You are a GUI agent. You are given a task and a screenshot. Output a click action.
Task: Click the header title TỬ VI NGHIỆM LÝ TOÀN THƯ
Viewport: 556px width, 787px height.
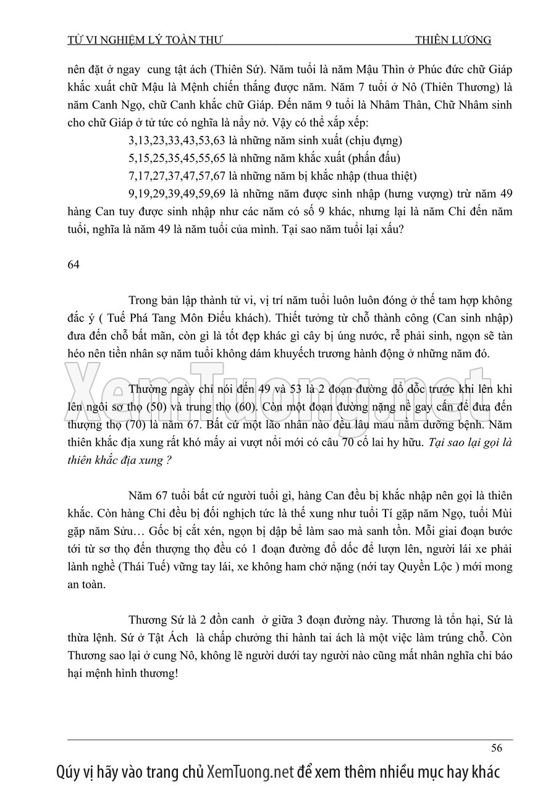145,40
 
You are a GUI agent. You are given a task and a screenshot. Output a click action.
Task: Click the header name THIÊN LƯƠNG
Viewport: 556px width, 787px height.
453,40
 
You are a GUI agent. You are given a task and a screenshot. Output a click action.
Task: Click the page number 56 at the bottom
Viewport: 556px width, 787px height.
496,748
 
